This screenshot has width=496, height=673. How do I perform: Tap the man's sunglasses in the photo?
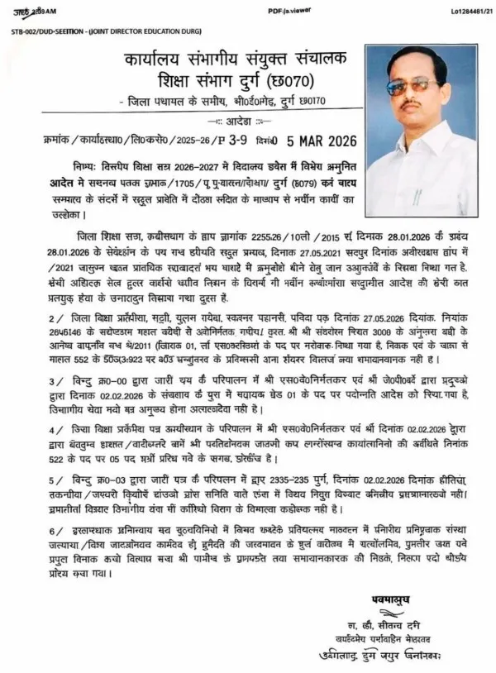pos(412,84)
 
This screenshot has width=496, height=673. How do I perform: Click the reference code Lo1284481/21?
pos(462,9)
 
